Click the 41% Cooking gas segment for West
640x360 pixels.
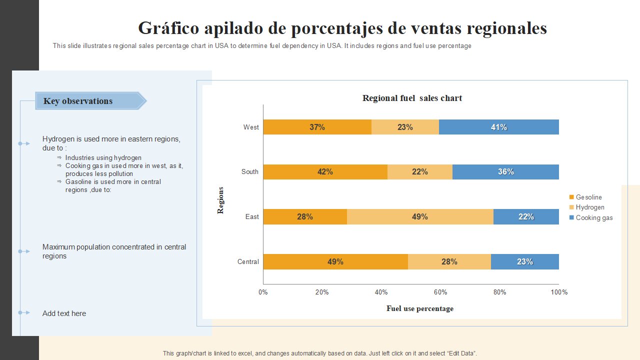pyautogui.click(x=498, y=127)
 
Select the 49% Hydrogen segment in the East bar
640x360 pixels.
pyautogui.click(x=420, y=216)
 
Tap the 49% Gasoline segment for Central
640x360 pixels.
pyautogui.click(x=335, y=261)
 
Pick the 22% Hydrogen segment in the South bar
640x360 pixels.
pyautogui.click(x=420, y=171)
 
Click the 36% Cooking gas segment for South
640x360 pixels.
pyautogui.click(x=505, y=171)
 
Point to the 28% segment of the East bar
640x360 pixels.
pyautogui.click(x=305, y=216)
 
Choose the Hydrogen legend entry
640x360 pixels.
pyautogui.click(x=589, y=207)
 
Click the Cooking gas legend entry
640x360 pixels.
pyautogui.click(x=593, y=218)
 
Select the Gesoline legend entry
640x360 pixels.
pyautogui.click(x=588, y=197)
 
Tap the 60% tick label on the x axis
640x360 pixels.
pyautogui.click(x=440, y=292)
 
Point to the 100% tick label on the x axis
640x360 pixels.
pyautogui.click(x=558, y=292)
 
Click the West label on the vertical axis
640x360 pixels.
pyautogui.click(x=251, y=127)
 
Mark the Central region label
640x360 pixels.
pyautogui.click(x=248, y=261)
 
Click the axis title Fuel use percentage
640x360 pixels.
pyautogui.click(x=420, y=308)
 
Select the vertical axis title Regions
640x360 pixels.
pyautogui.click(x=220, y=200)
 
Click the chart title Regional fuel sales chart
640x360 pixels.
pyautogui.click(x=412, y=98)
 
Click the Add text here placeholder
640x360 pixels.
pyautogui.click(x=64, y=313)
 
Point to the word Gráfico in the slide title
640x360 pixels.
pyautogui.click(x=168, y=28)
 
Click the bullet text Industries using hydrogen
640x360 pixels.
pyautogui.click(x=103, y=157)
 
